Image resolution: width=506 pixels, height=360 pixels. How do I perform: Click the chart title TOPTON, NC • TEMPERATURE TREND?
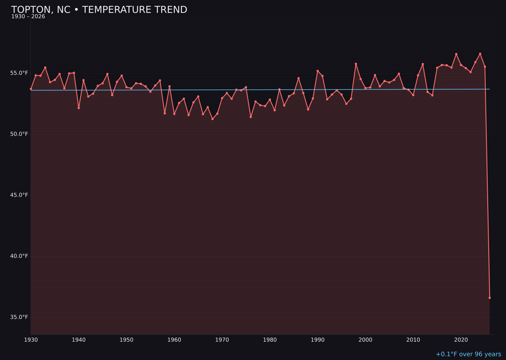[x=99, y=10]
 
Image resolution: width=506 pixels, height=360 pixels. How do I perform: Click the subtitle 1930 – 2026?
[x=28, y=17]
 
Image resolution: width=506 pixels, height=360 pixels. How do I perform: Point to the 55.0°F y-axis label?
[x=19, y=73]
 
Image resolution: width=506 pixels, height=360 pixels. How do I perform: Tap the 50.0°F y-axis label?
[x=19, y=134]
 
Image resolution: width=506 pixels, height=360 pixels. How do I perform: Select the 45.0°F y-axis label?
[x=19, y=195]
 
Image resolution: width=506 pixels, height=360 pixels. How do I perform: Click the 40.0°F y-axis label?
[x=19, y=256]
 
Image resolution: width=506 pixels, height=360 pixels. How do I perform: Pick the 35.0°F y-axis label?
[x=19, y=317]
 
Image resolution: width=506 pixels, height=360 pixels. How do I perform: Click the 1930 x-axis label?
[x=31, y=340]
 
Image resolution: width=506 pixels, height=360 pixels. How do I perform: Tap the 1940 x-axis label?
[x=79, y=340]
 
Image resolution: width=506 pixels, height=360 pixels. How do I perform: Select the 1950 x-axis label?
[x=126, y=340]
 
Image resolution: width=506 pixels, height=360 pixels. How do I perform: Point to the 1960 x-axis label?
[x=174, y=340]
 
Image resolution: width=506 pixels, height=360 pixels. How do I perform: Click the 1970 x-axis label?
[x=222, y=340]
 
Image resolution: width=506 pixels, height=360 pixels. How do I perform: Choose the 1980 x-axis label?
[x=270, y=340]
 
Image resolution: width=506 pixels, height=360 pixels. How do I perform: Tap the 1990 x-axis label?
[x=318, y=340]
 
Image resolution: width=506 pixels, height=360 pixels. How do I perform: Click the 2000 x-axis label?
[x=365, y=340]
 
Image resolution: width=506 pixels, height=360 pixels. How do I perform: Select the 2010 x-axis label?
[x=413, y=340]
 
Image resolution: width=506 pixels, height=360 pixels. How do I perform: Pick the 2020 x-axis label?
[x=461, y=340]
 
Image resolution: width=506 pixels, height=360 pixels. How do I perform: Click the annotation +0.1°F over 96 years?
[x=468, y=354]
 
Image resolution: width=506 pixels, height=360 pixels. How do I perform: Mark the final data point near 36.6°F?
[x=490, y=298]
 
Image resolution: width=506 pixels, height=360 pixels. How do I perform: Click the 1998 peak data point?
[x=356, y=64]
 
